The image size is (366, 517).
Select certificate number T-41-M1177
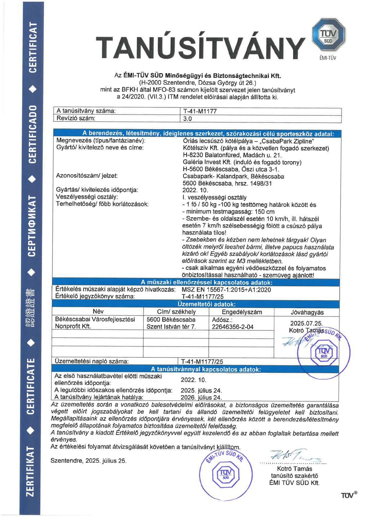coord(200,111)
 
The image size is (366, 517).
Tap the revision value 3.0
coord(187,119)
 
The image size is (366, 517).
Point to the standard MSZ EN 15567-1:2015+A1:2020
coord(226,290)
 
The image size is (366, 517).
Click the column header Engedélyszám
coord(242,312)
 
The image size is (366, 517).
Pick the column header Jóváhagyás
coord(307,312)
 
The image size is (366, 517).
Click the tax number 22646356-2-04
coord(232,327)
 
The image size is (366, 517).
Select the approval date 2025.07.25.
coord(306,323)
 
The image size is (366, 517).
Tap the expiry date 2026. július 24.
coord(201,397)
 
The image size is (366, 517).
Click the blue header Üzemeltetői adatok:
coord(206,304)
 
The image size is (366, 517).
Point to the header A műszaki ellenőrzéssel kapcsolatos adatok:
coord(206,282)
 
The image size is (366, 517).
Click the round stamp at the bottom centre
coord(226,474)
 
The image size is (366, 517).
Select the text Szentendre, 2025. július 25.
coord(88,461)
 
